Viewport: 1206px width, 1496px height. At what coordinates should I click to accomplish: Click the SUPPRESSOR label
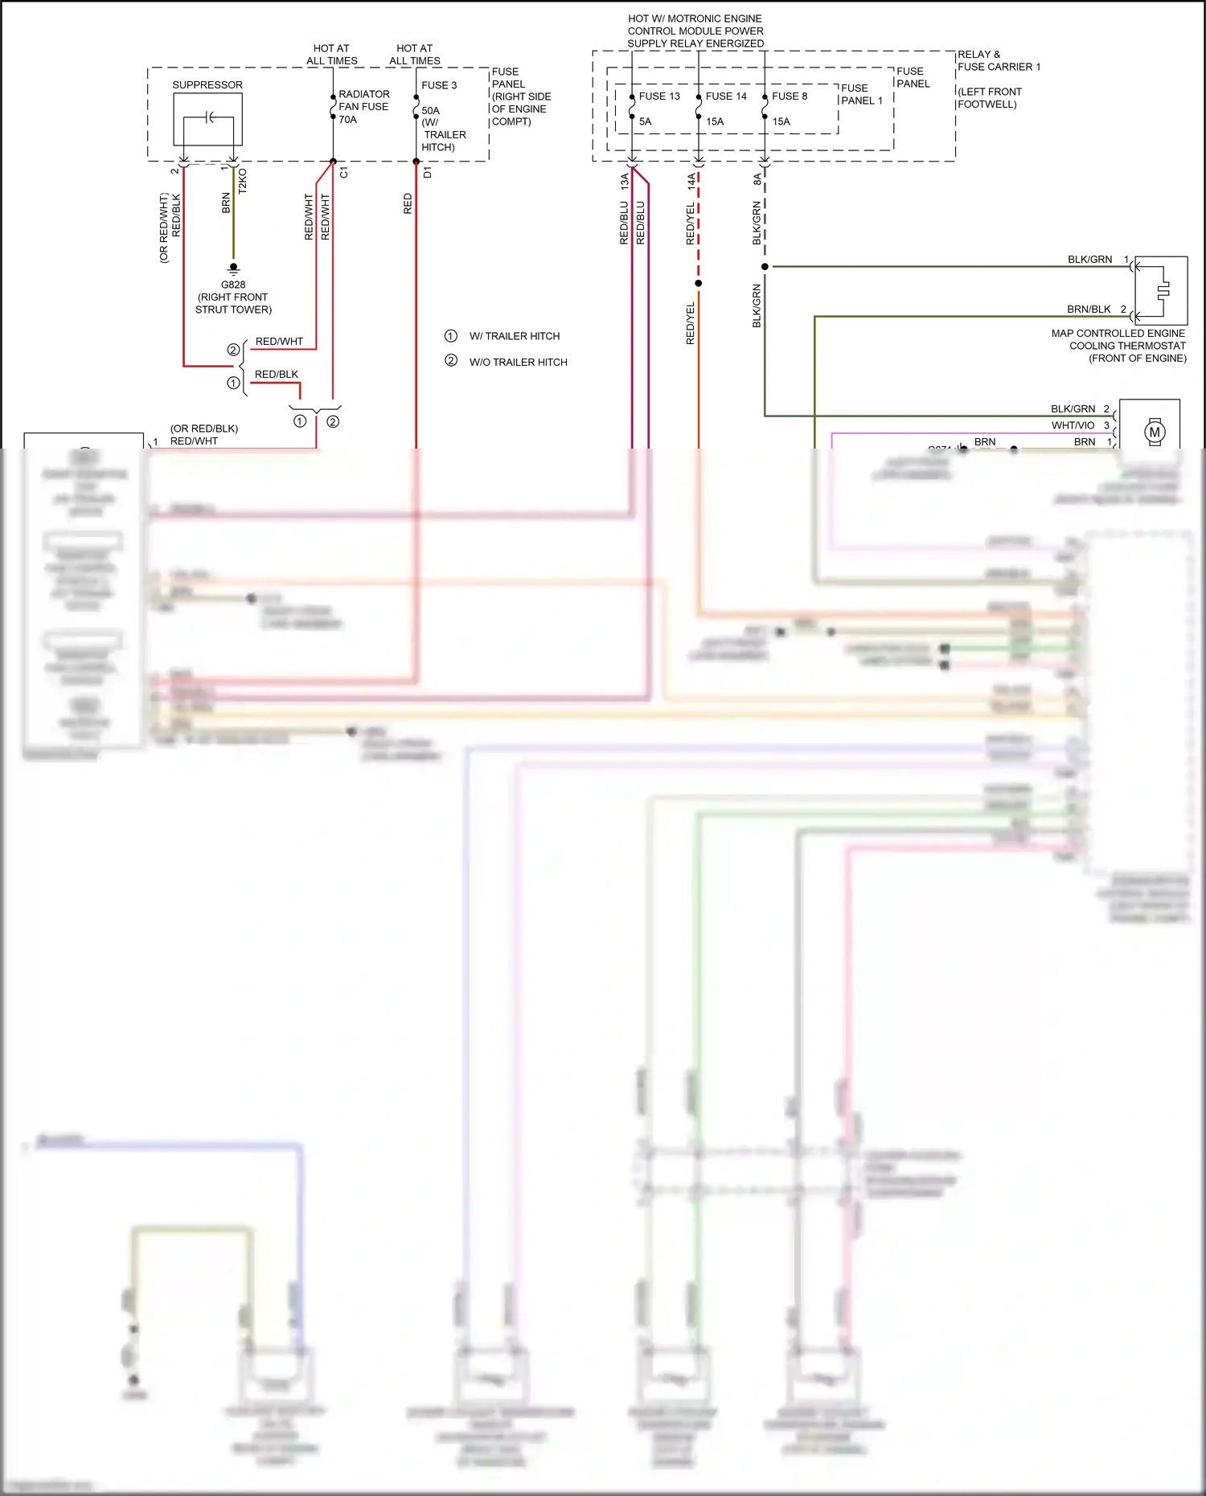[x=207, y=85]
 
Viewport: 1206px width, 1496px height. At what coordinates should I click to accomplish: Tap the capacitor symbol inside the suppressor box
[x=209, y=118]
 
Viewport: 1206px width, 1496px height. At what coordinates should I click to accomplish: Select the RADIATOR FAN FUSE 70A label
[x=363, y=107]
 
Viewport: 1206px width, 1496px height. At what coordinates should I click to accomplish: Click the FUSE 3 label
[x=439, y=85]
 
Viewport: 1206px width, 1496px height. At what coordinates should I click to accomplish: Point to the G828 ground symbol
[x=233, y=268]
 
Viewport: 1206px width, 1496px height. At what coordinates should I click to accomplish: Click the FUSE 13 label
[x=658, y=96]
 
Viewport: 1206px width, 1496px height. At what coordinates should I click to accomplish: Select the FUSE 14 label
[x=725, y=96]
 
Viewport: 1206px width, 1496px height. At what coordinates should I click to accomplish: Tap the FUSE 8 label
[x=789, y=96]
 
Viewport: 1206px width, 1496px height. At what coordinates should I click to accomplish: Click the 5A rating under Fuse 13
[x=645, y=122]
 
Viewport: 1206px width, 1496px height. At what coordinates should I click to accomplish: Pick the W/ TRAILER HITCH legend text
[x=514, y=336]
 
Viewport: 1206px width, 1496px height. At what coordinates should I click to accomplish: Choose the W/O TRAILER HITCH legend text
[x=518, y=363]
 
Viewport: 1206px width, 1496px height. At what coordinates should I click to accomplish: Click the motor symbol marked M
[x=1155, y=432]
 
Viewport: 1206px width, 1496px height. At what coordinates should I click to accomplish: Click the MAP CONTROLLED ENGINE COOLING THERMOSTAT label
[x=1118, y=346]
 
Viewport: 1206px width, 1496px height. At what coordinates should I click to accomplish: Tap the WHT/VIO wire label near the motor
[x=1073, y=425]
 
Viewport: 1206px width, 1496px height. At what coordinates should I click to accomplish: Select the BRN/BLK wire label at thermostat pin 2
[x=1089, y=309]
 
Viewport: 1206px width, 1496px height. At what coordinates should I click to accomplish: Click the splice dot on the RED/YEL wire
[x=698, y=283]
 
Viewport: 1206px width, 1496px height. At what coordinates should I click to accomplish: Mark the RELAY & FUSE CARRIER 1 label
[x=998, y=61]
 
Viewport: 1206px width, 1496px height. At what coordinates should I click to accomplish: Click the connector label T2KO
[x=243, y=181]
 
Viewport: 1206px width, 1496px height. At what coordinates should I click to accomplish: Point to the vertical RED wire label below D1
[x=408, y=203]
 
